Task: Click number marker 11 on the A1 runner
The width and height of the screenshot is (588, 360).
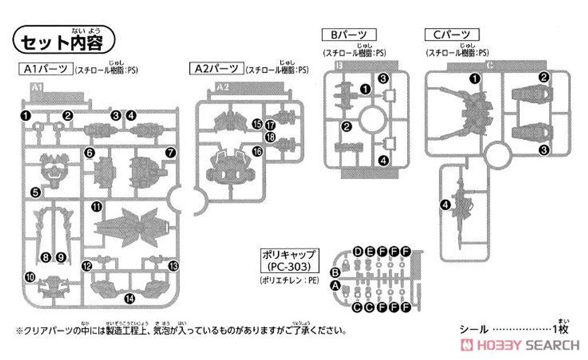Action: coord(96,206)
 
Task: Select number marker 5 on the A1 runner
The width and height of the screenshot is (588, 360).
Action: coord(35,192)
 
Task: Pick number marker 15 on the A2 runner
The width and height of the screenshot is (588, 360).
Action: coord(257,123)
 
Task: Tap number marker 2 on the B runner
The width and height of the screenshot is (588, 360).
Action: coord(346,127)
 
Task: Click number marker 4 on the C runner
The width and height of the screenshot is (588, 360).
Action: coord(444,205)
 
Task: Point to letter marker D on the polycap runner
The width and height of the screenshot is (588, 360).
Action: coord(358,252)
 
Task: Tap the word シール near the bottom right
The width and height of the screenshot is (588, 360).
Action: coord(474,330)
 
